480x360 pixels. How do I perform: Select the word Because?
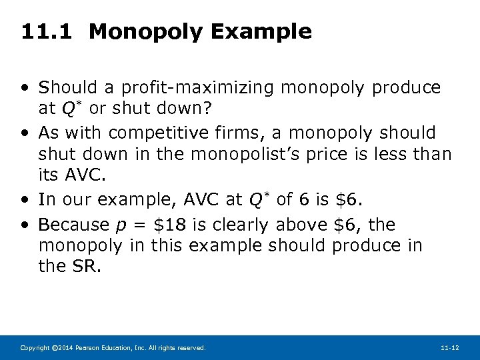coord(73,225)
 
